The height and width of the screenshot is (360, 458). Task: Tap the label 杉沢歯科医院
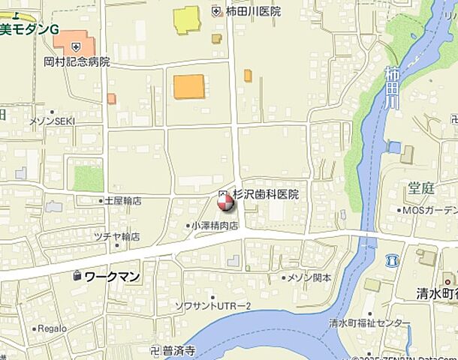(265, 194)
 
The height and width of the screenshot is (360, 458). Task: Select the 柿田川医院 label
(252, 11)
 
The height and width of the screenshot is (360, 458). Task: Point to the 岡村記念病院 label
(77, 61)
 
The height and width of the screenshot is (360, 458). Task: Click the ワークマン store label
(112, 277)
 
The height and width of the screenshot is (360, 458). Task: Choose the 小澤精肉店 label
(213, 225)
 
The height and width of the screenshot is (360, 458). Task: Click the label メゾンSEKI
(52, 121)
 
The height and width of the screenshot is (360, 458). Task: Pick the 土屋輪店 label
(122, 201)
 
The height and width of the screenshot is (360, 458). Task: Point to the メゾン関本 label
(310, 277)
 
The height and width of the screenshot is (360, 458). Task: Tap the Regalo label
(53, 328)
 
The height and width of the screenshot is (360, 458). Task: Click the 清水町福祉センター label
(369, 323)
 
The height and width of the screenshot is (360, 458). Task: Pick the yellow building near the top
(187, 19)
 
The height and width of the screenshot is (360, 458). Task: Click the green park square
(89, 178)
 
